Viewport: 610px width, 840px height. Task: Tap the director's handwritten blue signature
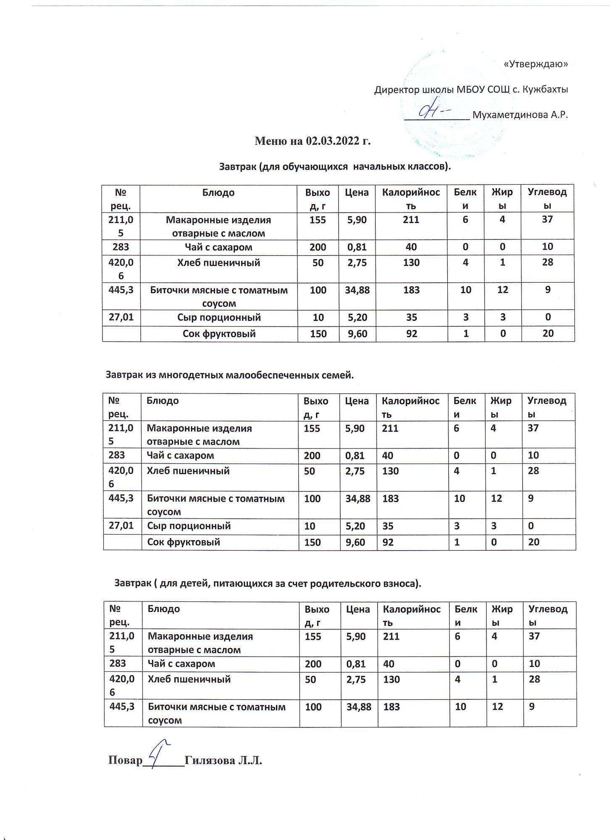[433, 110]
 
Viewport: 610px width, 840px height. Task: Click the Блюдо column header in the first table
[218, 193]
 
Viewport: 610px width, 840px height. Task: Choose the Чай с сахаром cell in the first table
[218, 247]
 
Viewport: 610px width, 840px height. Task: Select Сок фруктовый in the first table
[218, 334]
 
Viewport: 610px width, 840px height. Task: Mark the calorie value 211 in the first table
[411, 219]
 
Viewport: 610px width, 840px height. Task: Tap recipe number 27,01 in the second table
[121, 525]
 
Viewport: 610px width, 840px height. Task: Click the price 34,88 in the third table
[359, 707]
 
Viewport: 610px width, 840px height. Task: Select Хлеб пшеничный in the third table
[189, 679]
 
